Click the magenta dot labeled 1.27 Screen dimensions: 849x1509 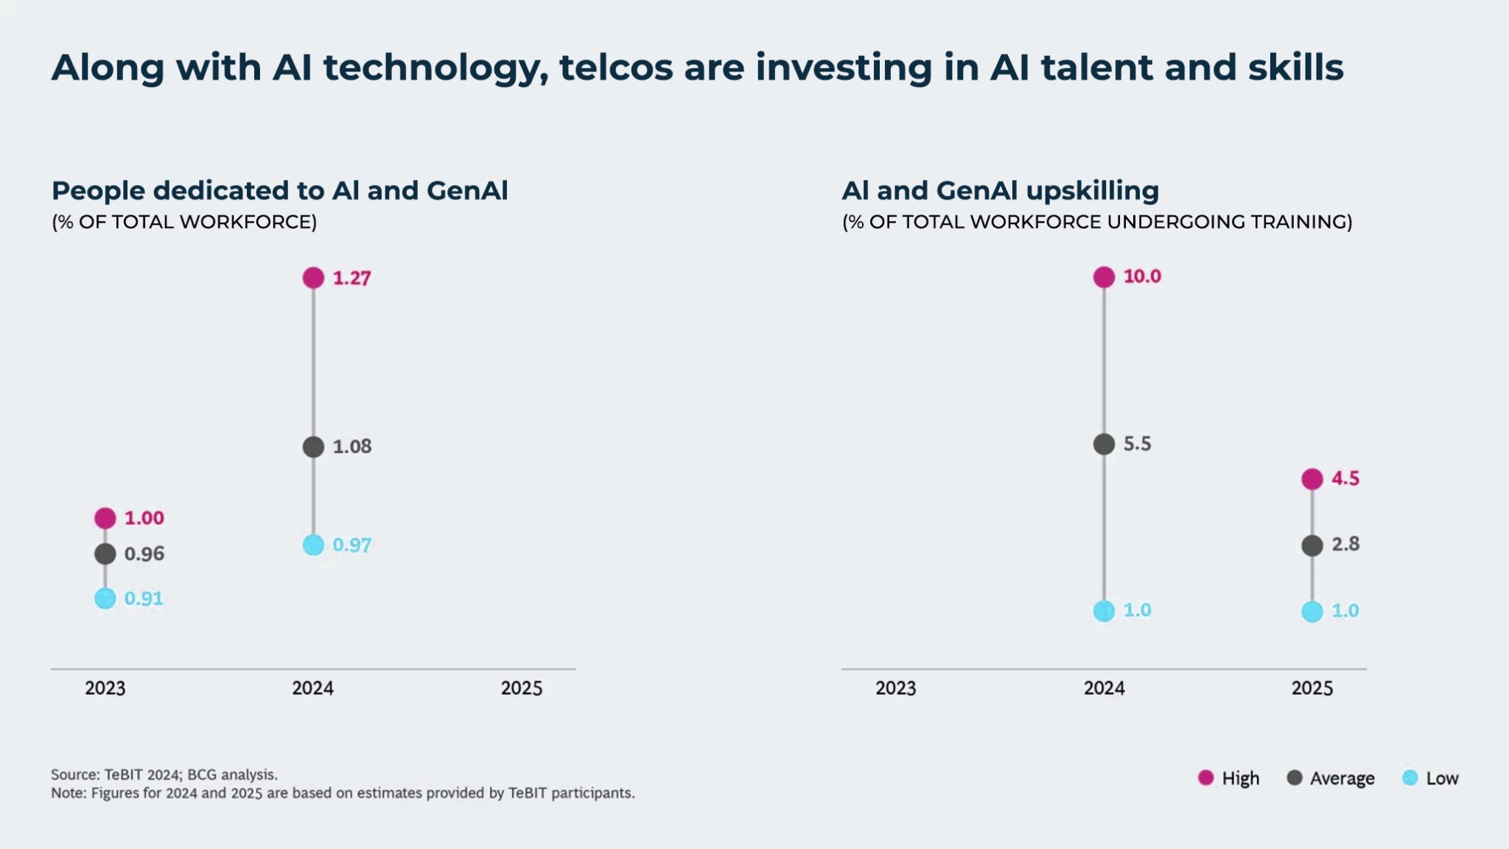point(313,278)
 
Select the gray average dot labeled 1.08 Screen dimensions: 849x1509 point(313,447)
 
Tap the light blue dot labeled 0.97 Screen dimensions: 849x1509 point(313,545)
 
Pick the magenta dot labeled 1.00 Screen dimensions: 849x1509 point(105,518)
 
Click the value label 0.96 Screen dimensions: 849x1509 point(144,553)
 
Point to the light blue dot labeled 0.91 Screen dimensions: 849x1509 point(105,598)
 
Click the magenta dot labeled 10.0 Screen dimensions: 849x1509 point(1104,277)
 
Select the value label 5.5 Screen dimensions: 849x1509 point(1137,444)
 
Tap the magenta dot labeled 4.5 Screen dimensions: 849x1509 point(1312,479)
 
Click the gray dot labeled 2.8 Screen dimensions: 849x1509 point(1312,546)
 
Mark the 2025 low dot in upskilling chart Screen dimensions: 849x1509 point(1312,612)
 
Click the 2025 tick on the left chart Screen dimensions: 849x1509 point(522,688)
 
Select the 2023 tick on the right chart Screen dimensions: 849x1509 point(895,688)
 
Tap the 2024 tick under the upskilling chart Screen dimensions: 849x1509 point(1104,688)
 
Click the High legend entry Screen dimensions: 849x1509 point(1229,778)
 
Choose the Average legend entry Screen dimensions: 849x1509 point(1331,778)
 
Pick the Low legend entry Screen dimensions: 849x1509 point(1430,778)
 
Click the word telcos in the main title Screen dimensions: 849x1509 point(615,68)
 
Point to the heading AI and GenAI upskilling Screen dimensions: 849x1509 point(1000,191)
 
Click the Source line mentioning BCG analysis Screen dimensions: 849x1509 point(164,775)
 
